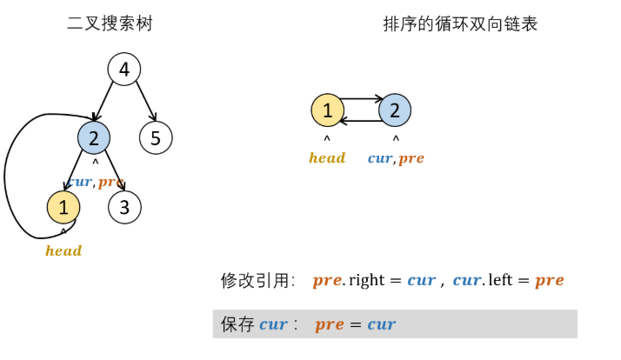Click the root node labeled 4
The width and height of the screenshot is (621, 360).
(x=124, y=70)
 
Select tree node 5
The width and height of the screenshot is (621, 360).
(x=157, y=137)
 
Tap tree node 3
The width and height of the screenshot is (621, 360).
(x=124, y=207)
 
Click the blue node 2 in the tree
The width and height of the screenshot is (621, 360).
(x=93, y=137)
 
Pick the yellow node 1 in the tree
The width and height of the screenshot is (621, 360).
(x=63, y=207)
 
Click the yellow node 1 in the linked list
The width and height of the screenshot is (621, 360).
(x=327, y=110)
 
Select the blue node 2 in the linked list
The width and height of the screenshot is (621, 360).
(x=395, y=110)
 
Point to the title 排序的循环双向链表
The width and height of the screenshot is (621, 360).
(x=460, y=23)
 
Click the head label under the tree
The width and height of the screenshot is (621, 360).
(x=63, y=251)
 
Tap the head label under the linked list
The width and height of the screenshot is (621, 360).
(x=327, y=158)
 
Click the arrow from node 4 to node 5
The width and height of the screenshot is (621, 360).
(x=144, y=102)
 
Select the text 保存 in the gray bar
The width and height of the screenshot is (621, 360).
(x=237, y=324)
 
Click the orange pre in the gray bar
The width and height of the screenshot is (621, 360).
(x=330, y=324)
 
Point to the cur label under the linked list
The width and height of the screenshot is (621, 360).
(x=380, y=158)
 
